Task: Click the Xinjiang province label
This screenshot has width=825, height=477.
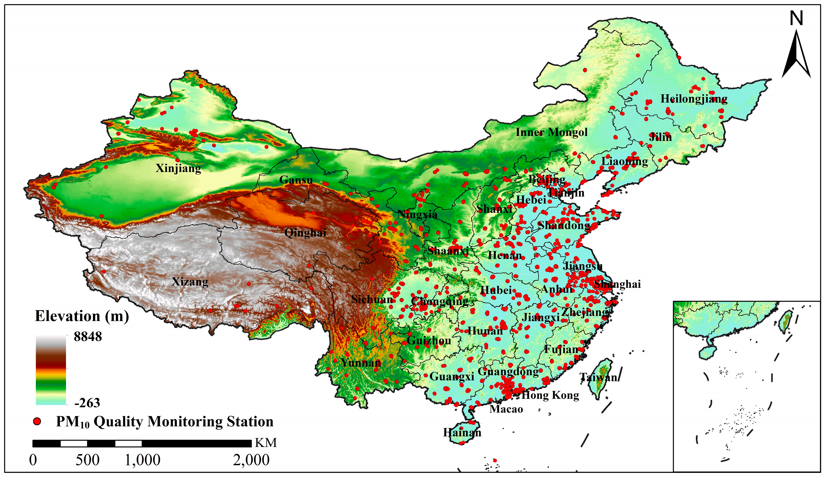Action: [178, 168]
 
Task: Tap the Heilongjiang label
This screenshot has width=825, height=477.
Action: [694, 99]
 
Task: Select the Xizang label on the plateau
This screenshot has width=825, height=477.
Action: [190, 282]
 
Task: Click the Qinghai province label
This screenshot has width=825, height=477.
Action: [305, 233]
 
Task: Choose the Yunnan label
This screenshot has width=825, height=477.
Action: [361, 363]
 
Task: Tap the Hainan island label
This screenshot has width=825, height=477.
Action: [462, 433]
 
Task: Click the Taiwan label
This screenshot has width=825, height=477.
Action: [598, 377]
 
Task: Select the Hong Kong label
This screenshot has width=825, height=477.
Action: [550, 395]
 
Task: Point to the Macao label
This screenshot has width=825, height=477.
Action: [506, 409]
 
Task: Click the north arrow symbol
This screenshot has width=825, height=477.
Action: [796, 56]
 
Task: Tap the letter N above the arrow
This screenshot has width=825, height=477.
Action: [796, 19]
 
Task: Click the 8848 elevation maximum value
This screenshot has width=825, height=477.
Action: [88, 336]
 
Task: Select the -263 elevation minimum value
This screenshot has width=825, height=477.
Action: [87, 403]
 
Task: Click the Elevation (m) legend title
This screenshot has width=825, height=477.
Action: [82, 316]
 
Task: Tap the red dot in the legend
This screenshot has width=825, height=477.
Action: [37, 421]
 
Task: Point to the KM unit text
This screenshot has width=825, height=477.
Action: [266, 443]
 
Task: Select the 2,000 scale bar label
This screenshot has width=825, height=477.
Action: [251, 460]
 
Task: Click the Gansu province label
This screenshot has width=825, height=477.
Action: [296, 180]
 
